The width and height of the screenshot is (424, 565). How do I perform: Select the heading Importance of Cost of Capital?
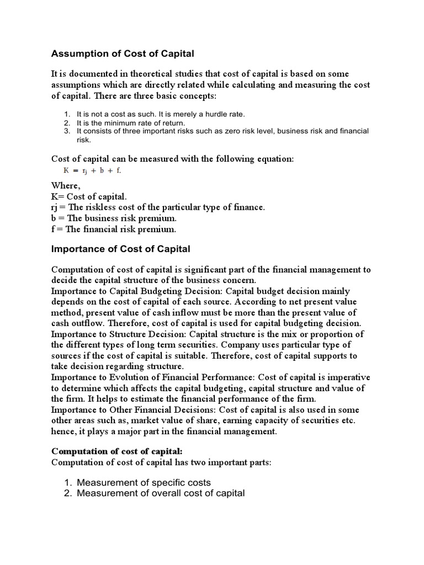pyautogui.click(x=120, y=249)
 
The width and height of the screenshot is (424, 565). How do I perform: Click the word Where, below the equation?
pyautogui.click(x=66, y=186)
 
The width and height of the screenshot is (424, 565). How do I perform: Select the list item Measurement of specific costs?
pyautogui.click(x=144, y=482)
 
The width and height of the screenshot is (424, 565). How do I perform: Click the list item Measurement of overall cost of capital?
pyautogui.click(x=161, y=493)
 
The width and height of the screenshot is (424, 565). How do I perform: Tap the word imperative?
pyautogui.click(x=349, y=378)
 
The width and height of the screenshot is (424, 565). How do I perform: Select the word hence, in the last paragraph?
pyautogui.click(x=64, y=431)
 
